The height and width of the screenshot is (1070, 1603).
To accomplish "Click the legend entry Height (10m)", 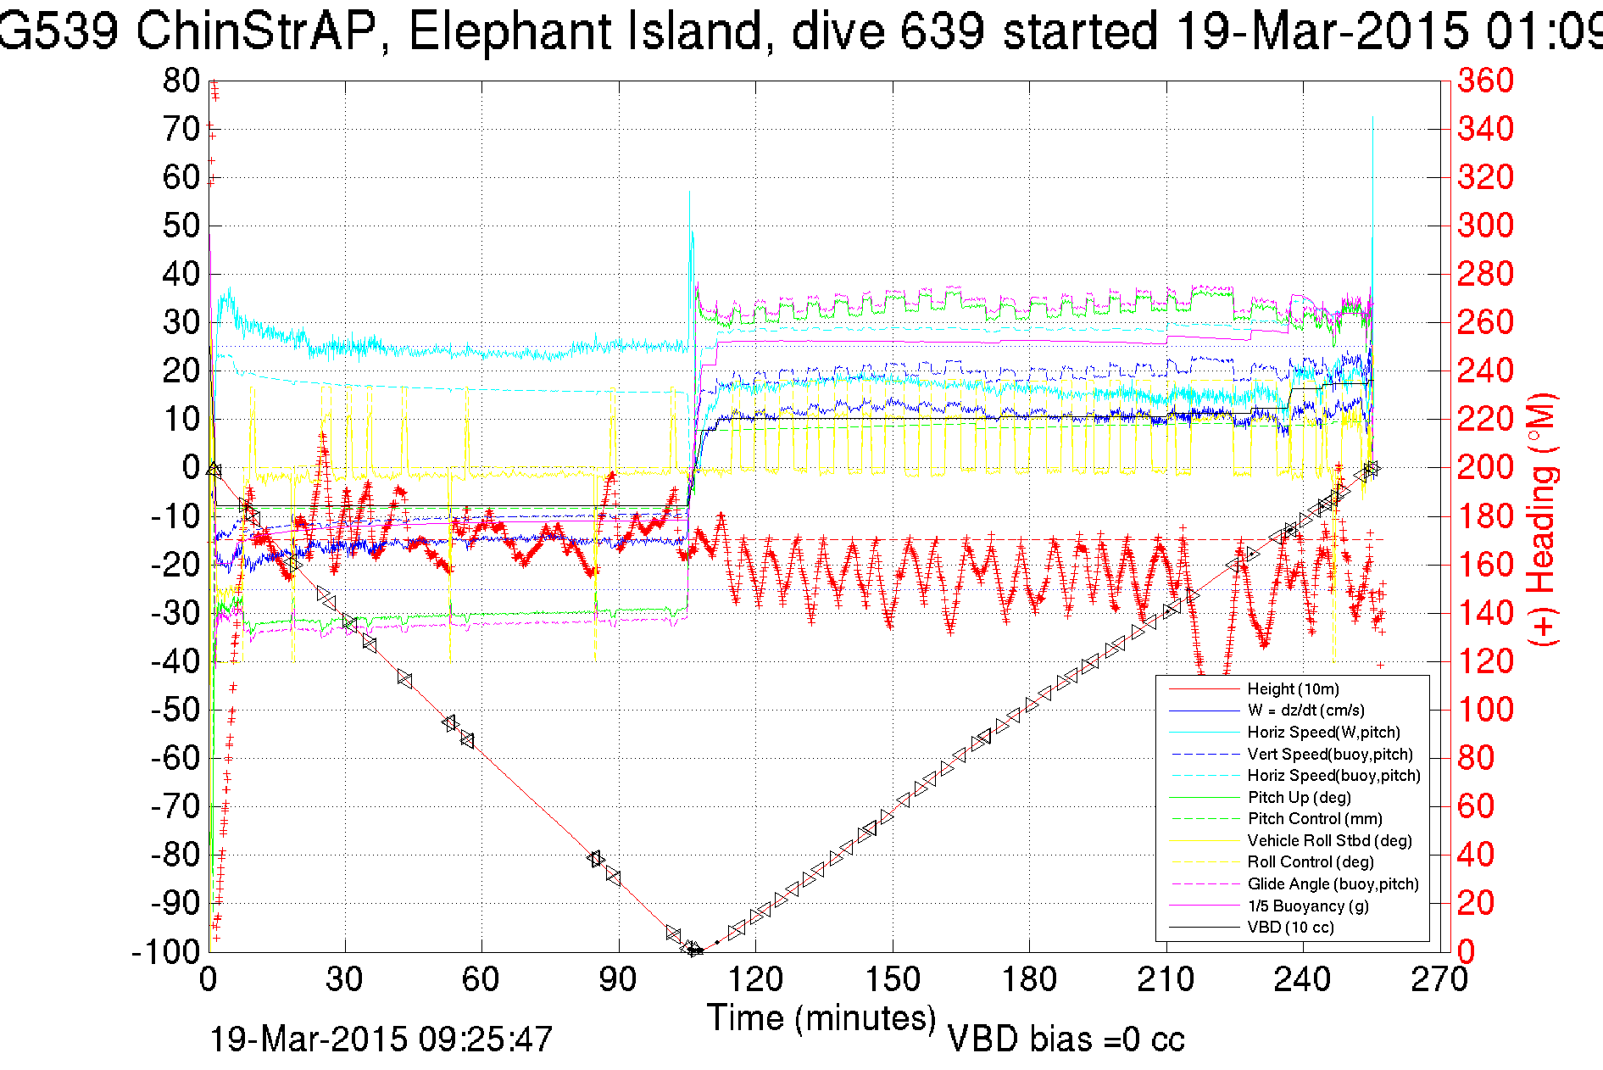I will pyautogui.click(x=1293, y=689).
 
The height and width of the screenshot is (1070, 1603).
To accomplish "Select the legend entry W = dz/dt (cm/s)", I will pyautogui.click(x=1305, y=711).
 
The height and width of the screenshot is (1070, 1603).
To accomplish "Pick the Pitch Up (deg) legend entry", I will pyautogui.click(x=1299, y=797).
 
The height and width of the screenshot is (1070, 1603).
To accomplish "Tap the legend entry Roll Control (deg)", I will pyautogui.click(x=1310, y=862).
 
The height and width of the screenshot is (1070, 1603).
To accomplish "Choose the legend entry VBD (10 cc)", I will pyautogui.click(x=1290, y=928).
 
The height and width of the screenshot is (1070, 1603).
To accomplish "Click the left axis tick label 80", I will pyautogui.click(x=181, y=81).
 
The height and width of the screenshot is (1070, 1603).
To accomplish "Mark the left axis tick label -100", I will pyautogui.click(x=166, y=952).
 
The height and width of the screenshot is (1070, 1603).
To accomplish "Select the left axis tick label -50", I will pyautogui.click(x=175, y=710).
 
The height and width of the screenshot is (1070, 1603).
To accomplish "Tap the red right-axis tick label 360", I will pyautogui.click(x=1485, y=81).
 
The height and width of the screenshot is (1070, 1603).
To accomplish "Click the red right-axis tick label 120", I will pyautogui.click(x=1485, y=661).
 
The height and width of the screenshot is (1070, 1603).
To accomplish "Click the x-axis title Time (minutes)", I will pyautogui.click(x=821, y=1018).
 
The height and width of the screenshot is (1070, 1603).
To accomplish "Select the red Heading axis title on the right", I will pyautogui.click(x=1542, y=519).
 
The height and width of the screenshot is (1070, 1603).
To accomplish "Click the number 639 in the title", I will pyautogui.click(x=943, y=32).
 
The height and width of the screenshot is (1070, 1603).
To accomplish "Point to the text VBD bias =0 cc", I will pyautogui.click(x=1066, y=1039).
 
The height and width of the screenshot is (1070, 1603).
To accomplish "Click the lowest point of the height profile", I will pyautogui.click(x=693, y=950).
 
